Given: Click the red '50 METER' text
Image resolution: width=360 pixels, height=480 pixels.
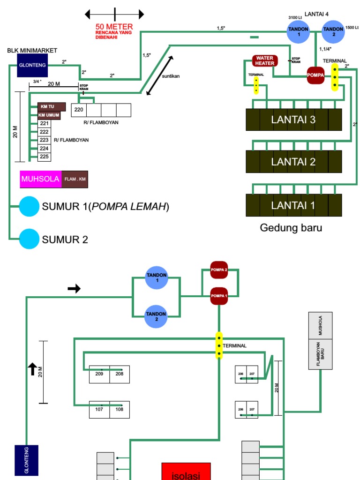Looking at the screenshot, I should [x=114, y=27].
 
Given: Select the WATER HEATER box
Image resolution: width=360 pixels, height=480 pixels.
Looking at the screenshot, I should [x=265, y=61].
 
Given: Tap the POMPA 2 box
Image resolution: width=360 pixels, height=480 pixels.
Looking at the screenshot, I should [x=219, y=270].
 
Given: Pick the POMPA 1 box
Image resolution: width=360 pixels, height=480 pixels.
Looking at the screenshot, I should [x=219, y=296].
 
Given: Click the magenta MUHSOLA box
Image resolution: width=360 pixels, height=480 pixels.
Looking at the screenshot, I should [x=40, y=179].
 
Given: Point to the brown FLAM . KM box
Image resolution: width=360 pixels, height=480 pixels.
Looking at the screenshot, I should [x=75, y=179].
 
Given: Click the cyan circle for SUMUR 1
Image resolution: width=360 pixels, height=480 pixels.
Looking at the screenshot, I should [x=29, y=207].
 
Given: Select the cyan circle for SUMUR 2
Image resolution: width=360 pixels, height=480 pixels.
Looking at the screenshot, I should [x=29, y=239].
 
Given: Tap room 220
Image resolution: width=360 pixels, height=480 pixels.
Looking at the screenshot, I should [x=79, y=110].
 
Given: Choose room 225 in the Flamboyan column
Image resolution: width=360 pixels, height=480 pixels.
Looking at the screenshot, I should [x=44, y=157].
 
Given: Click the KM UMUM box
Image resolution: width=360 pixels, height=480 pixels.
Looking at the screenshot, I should [x=49, y=115].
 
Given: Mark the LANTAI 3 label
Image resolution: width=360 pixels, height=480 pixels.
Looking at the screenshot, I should [x=293, y=120].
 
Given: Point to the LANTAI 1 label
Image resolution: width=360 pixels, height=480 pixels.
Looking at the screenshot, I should [x=293, y=205].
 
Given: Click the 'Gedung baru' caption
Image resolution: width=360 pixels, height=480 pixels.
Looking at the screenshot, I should [x=291, y=228].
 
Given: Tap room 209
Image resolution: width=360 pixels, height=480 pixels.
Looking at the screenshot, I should [x=99, y=374].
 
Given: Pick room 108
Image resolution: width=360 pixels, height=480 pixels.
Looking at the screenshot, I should [x=120, y=410].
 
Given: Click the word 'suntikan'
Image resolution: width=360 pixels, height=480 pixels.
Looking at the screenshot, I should [x=171, y=75].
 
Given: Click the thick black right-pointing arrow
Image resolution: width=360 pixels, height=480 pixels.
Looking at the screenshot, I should [x=74, y=289].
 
